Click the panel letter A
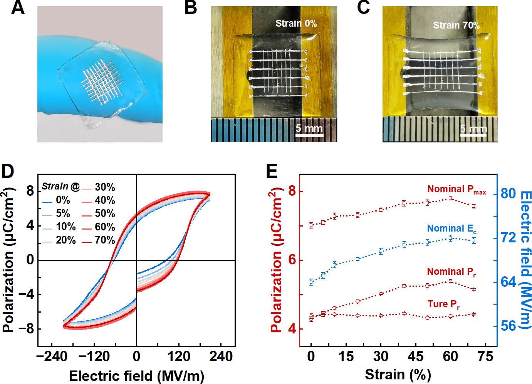[18, 8]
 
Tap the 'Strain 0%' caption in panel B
[296, 24]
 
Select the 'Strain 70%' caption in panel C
[456, 25]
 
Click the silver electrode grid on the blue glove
[102, 82]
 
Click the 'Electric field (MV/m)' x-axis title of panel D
[136, 376]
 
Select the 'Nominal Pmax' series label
[456, 189]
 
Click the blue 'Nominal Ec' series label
[451, 229]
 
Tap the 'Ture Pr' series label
[443, 304]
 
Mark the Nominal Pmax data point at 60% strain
[450, 198]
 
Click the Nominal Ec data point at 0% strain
[311, 282]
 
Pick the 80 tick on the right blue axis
[508, 193]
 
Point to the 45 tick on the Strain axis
[415, 356]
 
